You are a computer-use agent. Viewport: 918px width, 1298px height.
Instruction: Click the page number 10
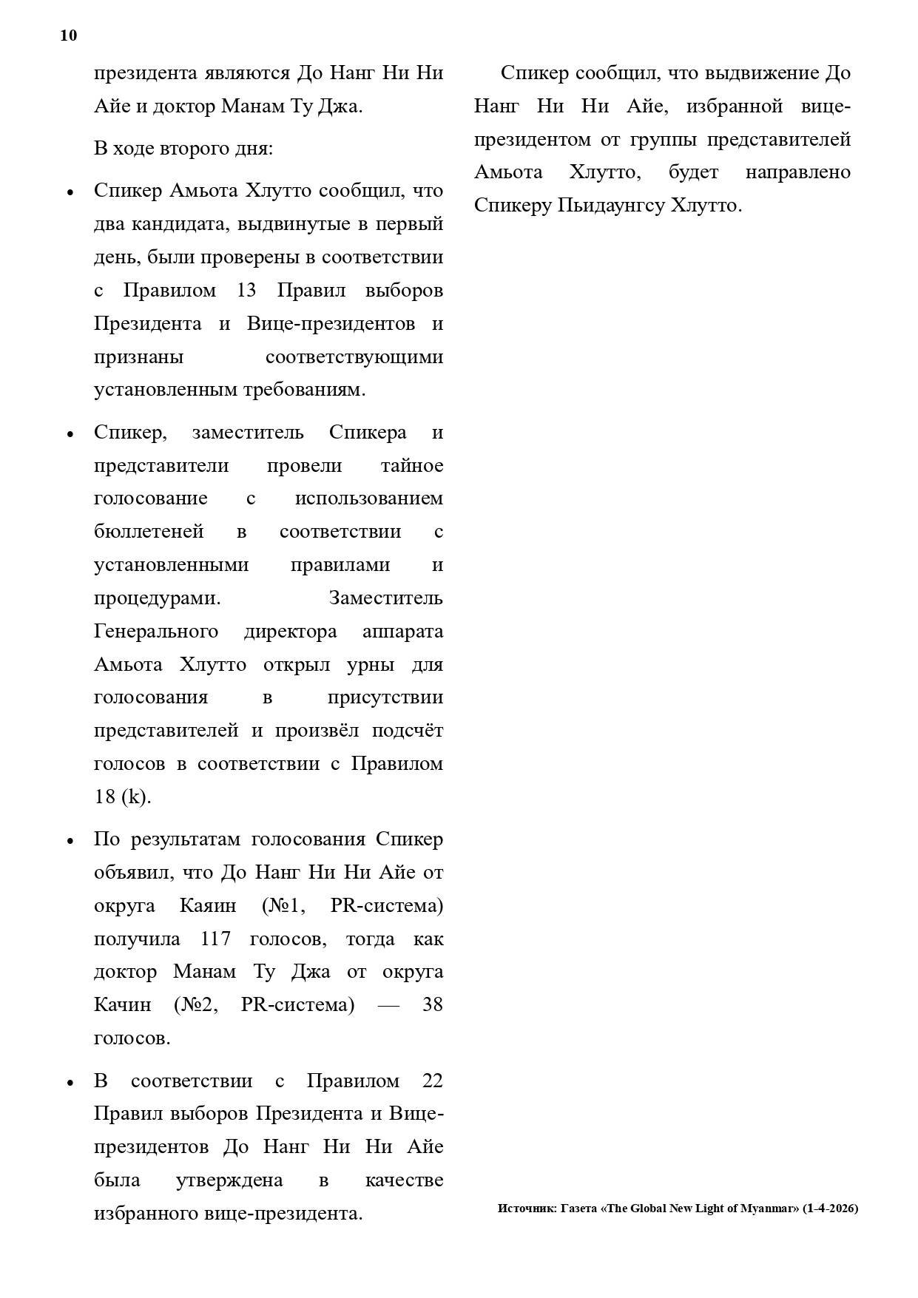68,36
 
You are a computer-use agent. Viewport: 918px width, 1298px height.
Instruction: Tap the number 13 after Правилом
246,291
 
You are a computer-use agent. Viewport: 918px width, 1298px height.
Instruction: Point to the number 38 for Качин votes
432,1005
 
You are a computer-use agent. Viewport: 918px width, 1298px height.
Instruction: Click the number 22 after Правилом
432,1081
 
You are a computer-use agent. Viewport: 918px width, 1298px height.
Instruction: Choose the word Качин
122,1005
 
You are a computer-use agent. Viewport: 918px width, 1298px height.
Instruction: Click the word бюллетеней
149,532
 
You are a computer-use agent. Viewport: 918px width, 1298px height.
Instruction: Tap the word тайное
412,466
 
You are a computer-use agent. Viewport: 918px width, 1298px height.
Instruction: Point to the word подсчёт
408,731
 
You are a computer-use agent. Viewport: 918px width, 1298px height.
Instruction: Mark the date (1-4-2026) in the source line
830,1209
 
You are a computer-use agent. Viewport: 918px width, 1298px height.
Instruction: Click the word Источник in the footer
526,1209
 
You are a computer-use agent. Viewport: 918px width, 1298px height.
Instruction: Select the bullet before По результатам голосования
70,841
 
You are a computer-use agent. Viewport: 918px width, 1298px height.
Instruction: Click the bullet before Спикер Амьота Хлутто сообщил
70,192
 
